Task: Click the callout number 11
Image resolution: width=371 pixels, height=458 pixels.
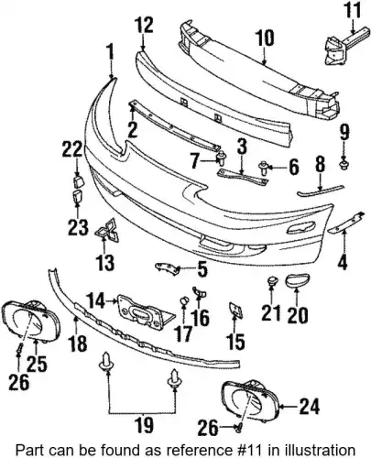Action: (x=353, y=10)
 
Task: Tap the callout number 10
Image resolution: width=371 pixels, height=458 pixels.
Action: (x=265, y=38)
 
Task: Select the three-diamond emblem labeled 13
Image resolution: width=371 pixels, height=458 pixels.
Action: (x=107, y=230)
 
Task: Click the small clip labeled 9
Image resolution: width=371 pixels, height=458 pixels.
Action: (x=344, y=166)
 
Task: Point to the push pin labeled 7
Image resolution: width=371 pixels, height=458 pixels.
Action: (x=220, y=157)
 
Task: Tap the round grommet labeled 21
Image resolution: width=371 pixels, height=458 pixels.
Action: (x=271, y=281)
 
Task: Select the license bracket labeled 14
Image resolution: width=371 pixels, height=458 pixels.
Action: (x=146, y=312)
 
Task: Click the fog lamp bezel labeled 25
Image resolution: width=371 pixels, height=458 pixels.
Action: (x=31, y=319)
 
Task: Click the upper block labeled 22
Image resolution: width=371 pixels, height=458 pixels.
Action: (x=77, y=181)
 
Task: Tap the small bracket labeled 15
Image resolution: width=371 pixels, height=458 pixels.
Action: (x=235, y=310)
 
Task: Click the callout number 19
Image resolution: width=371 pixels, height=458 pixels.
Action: (x=144, y=425)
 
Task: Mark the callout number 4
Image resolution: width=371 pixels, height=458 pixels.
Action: (x=343, y=262)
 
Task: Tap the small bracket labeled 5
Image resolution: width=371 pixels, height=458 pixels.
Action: (x=168, y=268)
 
